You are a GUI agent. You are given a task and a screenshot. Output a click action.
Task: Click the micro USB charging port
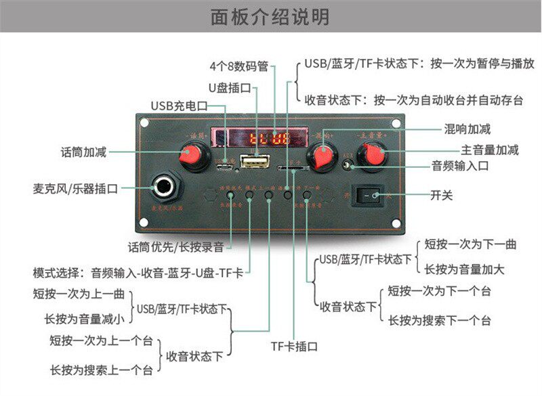(x=222, y=165)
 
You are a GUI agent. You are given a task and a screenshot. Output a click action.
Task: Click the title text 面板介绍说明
(x=270, y=16)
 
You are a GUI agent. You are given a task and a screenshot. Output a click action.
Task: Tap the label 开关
(x=442, y=196)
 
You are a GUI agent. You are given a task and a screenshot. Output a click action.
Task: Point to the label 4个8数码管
(x=238, y=66)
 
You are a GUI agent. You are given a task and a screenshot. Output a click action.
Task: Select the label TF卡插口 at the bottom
(x=294, y=347)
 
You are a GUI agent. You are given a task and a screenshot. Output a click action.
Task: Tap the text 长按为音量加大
(x=465, y=269)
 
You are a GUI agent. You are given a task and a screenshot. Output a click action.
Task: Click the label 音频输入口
(x=461, y=165)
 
